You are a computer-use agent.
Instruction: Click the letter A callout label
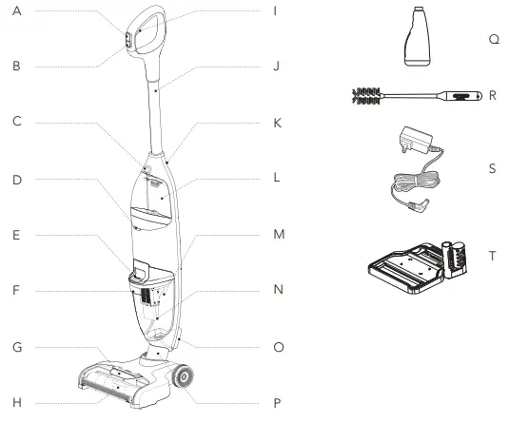pos(17,11)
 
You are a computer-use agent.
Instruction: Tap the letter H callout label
pos(17,403)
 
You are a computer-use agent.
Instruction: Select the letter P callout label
pos(277,403)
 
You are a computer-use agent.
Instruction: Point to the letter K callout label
pos(277,124)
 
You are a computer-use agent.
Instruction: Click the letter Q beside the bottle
pos(494,39)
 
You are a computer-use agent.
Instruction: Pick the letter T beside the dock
pos(493,256)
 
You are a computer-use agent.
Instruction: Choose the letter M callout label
pos(279,234)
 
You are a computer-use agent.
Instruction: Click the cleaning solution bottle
pos(418,36)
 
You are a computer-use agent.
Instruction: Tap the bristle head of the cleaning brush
pos(366,96)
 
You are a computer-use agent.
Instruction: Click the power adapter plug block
pos(417,139)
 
